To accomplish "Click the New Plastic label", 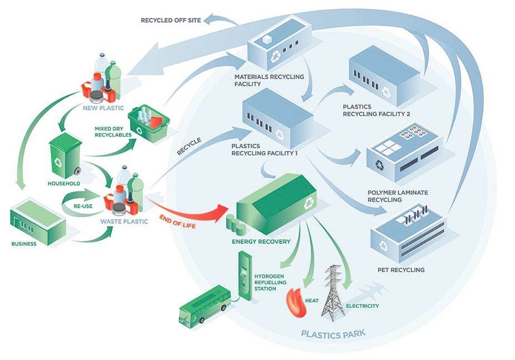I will pos(103,108).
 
